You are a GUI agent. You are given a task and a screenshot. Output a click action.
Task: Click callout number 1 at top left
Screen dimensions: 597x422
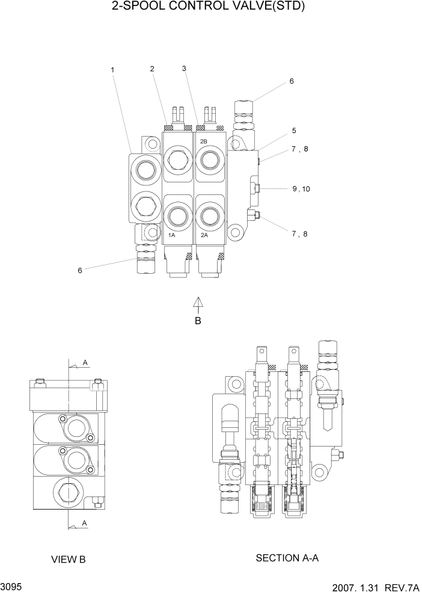(112, 70)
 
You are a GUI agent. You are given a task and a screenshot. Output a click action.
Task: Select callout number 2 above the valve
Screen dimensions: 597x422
(152, 69)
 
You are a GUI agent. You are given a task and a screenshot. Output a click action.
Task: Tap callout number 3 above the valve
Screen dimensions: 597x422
(184, 69)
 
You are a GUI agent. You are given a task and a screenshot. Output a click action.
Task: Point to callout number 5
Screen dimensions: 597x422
(294, 130)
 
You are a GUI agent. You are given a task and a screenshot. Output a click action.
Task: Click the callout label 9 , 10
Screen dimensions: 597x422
(301, 189)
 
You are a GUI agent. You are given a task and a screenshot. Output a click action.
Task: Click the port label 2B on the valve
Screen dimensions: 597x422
(203, 141)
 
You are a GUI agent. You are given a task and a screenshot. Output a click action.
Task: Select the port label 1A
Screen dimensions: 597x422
(171, 235)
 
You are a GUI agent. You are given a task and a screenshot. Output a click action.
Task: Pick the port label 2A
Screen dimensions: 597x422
(204, 235)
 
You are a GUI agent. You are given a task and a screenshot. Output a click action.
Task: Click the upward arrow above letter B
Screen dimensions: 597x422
(198, 303)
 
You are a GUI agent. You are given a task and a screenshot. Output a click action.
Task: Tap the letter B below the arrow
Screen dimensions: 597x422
(198, 321)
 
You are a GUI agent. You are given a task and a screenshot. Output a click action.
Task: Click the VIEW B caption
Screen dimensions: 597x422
(69, 560)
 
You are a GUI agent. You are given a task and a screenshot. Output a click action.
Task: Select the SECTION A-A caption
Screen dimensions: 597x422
(287, 558)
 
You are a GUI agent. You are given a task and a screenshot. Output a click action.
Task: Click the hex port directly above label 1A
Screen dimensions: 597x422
(177, 214)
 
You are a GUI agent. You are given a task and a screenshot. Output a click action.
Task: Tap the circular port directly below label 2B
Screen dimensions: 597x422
(210, 160)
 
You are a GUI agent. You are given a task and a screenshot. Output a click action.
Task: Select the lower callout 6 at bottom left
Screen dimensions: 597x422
(79, 271)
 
